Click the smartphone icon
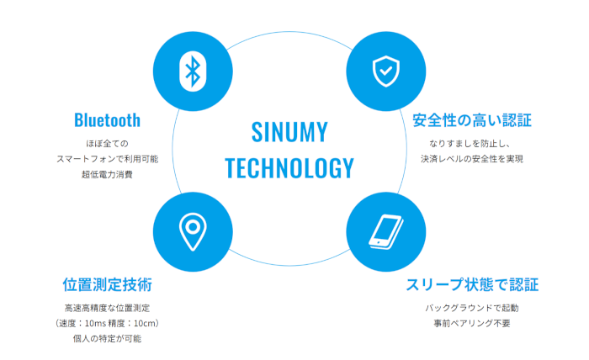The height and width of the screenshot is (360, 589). coord(385,232)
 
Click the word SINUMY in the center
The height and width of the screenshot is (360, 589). coord(290,132)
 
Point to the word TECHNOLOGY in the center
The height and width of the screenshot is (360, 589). coord(290,168)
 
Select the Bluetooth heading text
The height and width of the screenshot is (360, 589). coord(107,119)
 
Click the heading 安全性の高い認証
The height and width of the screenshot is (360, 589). coord(472,119)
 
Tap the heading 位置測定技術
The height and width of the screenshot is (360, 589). coord(107,283)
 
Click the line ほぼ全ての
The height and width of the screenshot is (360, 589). coord(107,143)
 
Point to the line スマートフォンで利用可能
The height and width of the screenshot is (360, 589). coord(107,159)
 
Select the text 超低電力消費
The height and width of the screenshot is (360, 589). coord(107,175)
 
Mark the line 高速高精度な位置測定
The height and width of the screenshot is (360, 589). coord(107,308)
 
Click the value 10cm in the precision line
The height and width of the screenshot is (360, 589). coord(146,324)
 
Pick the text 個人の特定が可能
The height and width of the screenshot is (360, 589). coord(107,339)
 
